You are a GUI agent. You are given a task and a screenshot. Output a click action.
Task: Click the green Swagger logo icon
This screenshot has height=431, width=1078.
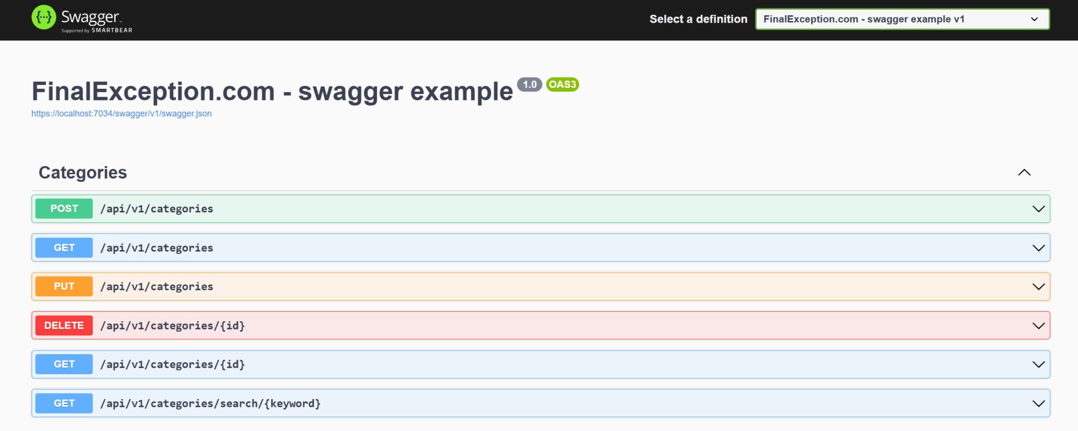(44, 17)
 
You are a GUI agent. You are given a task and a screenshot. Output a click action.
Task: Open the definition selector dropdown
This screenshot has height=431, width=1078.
(902, 19)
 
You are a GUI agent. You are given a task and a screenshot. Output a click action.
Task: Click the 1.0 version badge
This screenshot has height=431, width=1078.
(530, 85)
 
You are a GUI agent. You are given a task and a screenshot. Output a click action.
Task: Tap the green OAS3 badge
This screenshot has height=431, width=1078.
(562, 85)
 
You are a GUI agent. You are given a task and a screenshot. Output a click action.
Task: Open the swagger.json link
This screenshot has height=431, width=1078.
(122, 114)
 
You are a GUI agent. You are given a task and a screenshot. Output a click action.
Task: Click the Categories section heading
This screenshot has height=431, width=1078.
(83, 172)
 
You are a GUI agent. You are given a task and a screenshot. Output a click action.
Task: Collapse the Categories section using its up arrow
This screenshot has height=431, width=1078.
(1024, 172)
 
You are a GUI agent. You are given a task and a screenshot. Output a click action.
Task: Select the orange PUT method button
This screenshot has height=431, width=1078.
(64, 286)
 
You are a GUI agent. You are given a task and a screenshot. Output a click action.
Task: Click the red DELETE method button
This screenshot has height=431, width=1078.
(64, 325)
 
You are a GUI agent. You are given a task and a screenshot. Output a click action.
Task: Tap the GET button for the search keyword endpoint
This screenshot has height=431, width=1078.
(64, 403)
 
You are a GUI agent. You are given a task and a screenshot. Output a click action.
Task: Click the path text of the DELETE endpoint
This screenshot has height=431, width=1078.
(173, 326)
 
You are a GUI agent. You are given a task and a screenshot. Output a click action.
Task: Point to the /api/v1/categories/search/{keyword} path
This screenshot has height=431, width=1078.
(211, 404)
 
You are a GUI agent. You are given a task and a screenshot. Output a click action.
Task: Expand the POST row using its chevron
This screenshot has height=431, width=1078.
(1039, 209)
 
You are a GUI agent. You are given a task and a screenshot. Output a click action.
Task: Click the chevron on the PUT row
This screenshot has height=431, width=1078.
(1039, 286)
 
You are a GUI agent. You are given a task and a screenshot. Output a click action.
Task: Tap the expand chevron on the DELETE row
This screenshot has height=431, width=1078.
(1039, 325)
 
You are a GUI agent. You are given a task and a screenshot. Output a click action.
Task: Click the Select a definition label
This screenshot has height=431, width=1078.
(698, 19)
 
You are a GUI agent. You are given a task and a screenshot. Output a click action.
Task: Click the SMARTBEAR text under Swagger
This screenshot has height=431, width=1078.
(112, 30)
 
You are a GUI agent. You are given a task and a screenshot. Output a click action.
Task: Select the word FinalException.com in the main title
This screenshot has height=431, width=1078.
(153, 91)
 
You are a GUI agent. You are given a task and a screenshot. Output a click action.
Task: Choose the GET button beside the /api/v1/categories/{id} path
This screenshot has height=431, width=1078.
(64, 364)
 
